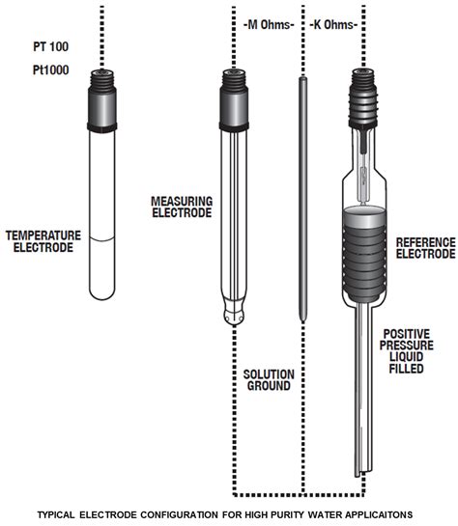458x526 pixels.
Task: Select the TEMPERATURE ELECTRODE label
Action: (40, 240)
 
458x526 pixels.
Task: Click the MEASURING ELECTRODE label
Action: (181, 207)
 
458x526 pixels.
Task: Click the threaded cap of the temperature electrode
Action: (101, 100)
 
